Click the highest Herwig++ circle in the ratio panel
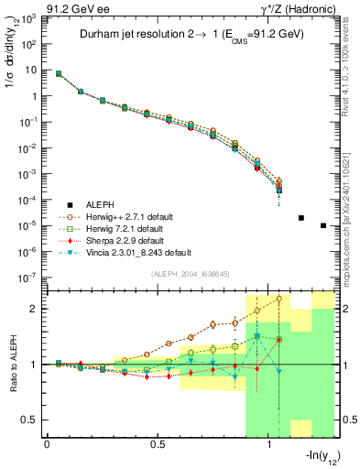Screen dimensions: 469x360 click(x=279, y=299)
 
